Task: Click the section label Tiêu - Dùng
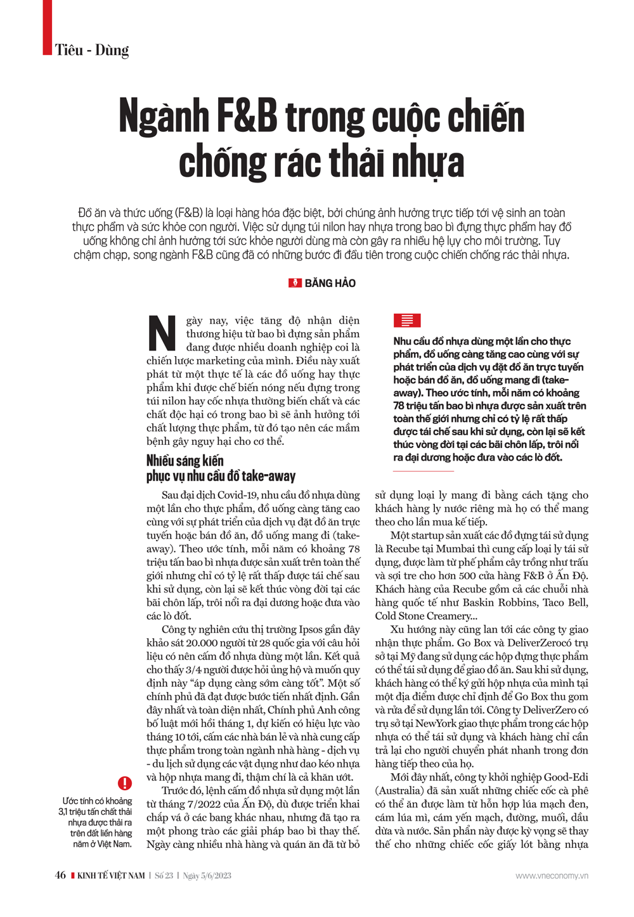92,50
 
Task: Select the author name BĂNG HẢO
330,283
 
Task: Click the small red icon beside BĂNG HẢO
295,283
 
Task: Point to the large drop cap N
162,333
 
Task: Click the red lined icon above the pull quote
406,321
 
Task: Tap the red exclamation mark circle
125,783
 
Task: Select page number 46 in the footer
60,876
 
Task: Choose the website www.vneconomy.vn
552,876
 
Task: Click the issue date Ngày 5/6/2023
207,876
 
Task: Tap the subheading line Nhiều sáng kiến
185,461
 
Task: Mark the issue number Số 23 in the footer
164,876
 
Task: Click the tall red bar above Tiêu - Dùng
48,27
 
